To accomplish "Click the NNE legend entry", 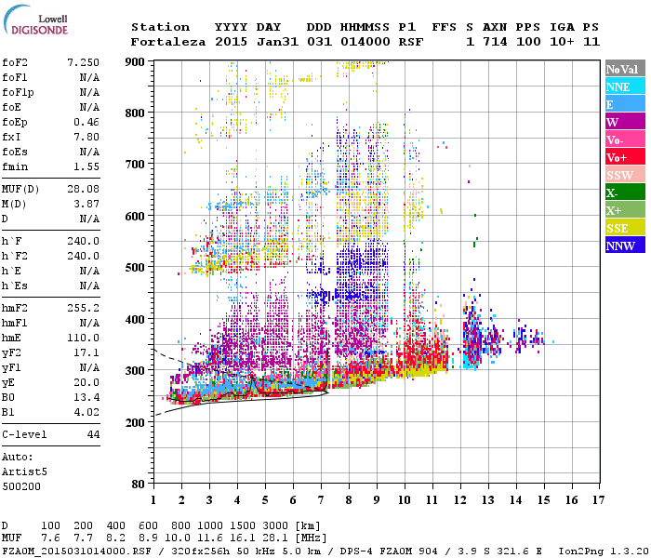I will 624,86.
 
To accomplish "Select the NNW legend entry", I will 624,246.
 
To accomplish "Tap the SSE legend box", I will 624,228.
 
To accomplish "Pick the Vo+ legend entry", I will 624,157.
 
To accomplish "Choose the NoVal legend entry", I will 624,69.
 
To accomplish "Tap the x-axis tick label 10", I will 405,499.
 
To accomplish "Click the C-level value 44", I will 93,434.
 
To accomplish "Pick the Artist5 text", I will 25,472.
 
